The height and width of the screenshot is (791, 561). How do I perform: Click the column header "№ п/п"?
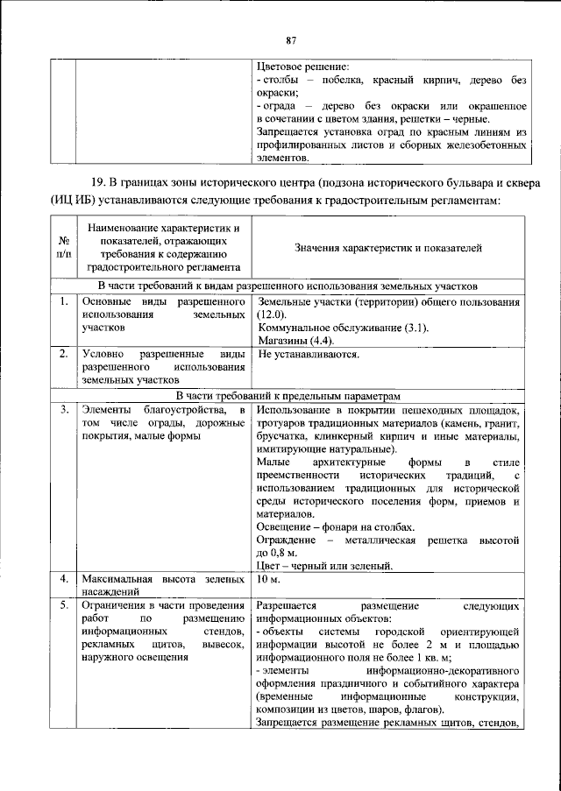(64, 248)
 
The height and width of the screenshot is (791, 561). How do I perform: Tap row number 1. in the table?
(64, 301)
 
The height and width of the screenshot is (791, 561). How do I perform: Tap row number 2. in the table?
(64, 355)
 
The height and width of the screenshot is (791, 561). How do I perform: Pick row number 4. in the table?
(64, 580)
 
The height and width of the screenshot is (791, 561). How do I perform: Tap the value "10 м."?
(268, 580)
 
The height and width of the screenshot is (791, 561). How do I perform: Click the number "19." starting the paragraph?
(101, 182)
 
